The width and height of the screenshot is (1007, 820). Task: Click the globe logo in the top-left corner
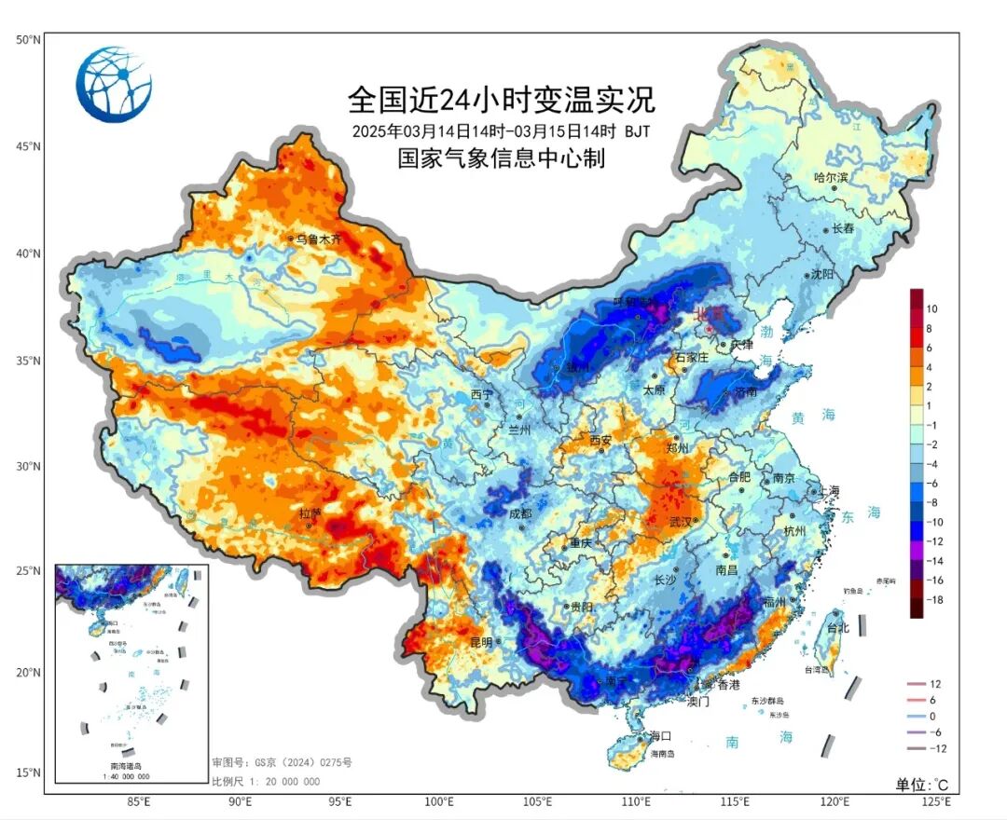tap(114, 85)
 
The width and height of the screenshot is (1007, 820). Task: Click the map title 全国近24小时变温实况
tap(502, 98)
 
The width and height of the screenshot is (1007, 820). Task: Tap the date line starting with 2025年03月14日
tap(501, 130)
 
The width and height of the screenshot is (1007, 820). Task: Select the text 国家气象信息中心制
tap(502, 158)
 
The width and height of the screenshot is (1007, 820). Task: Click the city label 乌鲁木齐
tap(319, 240)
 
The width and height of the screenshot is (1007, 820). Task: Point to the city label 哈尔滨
tap(831, 177)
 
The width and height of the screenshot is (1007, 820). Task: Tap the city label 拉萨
tap(309, 513)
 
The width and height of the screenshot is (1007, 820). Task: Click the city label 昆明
tap(480, 642)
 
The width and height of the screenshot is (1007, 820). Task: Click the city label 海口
tap(661, 735)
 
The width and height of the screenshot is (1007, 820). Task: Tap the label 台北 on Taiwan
tap(838, 628)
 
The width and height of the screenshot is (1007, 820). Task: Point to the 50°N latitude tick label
tap(27, 39)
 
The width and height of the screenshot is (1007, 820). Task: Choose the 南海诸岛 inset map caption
tap(131, 765)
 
